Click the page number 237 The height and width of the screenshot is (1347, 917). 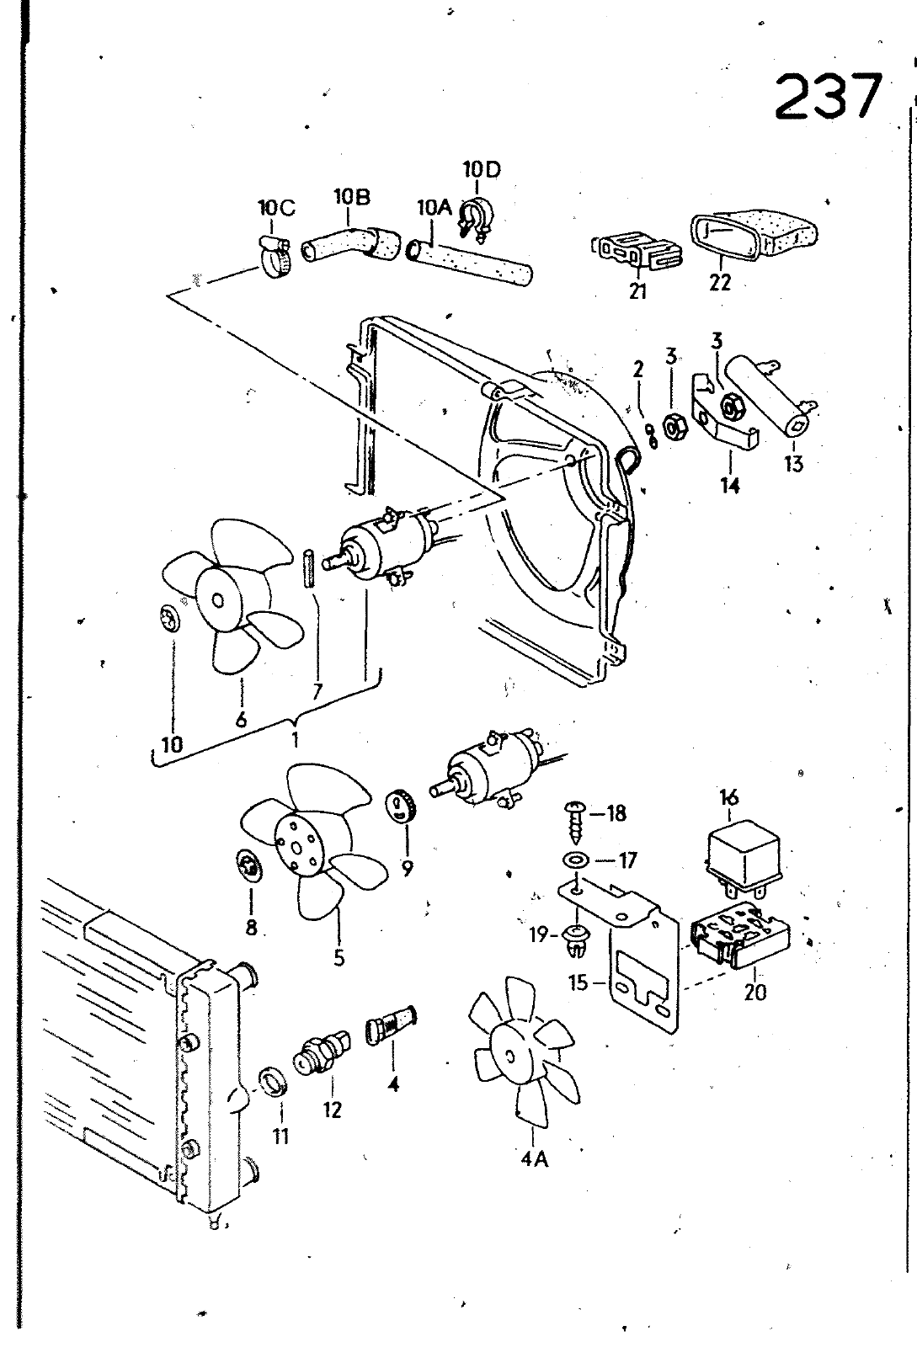pyautogui.click(x=829, y=95)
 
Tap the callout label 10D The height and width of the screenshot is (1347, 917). pyautogui.click(x=482, y=170)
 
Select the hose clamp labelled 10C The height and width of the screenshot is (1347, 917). pyautogui.click(x=275, y=256)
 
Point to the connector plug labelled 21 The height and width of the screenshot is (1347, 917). pyautogui.click(x=637, y=252)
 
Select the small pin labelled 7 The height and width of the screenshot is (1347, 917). pyautogui.click(x=308, y=568)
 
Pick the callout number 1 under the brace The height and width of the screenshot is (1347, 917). pyautogui.click(x=296, y=739)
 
